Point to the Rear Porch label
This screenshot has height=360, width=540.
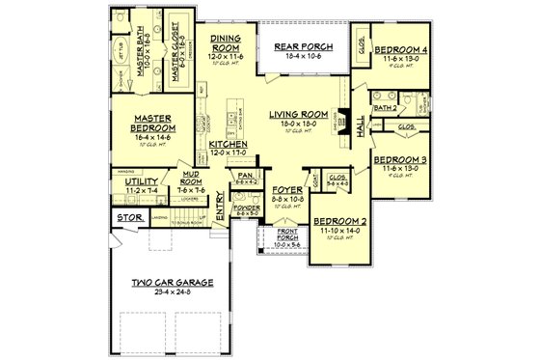[304, 47]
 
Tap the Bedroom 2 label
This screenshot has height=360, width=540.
[339, 221]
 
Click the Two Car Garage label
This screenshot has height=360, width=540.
[173, 282]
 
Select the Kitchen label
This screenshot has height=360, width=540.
[229, 144]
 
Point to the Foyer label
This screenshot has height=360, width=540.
[286, 190]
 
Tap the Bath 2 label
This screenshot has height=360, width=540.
[387, 109]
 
